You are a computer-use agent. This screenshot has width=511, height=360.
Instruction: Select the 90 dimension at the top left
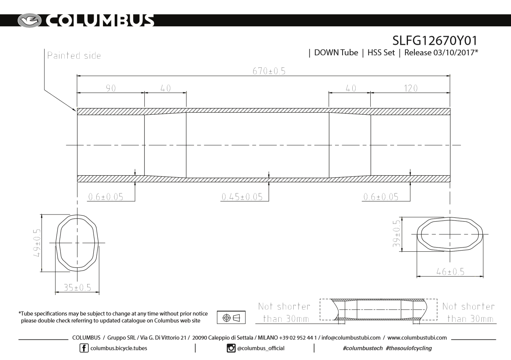111,88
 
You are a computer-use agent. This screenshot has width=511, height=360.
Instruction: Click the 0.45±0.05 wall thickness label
242,197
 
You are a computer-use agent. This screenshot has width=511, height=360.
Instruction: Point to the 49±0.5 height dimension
37,243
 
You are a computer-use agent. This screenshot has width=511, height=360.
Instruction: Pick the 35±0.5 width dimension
77,287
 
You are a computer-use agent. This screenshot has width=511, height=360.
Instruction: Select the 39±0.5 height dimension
397,234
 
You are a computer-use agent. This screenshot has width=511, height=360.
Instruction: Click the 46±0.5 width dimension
450,271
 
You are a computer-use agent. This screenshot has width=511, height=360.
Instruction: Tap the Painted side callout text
74,56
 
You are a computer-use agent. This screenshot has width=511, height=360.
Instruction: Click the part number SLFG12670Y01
435,40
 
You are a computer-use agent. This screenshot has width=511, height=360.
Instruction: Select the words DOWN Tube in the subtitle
336,53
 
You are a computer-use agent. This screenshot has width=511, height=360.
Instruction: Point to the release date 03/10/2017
454,53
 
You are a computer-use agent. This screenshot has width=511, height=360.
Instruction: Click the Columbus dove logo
29,20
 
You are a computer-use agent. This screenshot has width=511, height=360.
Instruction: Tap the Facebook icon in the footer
84,348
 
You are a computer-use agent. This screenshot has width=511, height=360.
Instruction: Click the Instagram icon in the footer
231,348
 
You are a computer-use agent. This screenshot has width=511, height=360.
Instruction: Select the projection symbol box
231,317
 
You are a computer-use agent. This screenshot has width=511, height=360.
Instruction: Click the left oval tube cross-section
77,243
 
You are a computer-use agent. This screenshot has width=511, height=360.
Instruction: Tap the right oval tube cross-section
449,234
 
